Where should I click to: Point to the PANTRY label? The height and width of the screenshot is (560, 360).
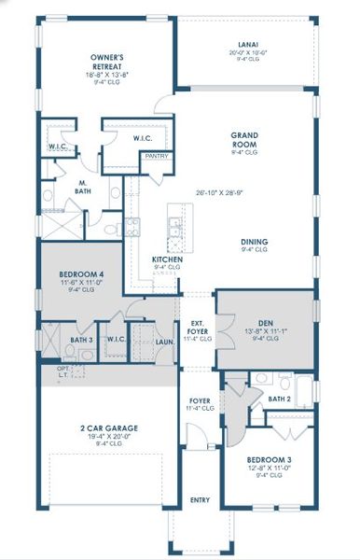tap(156, 156)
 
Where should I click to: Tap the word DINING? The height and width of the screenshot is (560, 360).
tap(253, 243)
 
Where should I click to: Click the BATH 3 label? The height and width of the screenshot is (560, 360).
tap(80, 341)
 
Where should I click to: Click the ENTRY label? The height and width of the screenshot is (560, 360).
tap(200, 499)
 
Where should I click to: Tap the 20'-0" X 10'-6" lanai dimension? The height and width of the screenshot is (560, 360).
tap(247, 52)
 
